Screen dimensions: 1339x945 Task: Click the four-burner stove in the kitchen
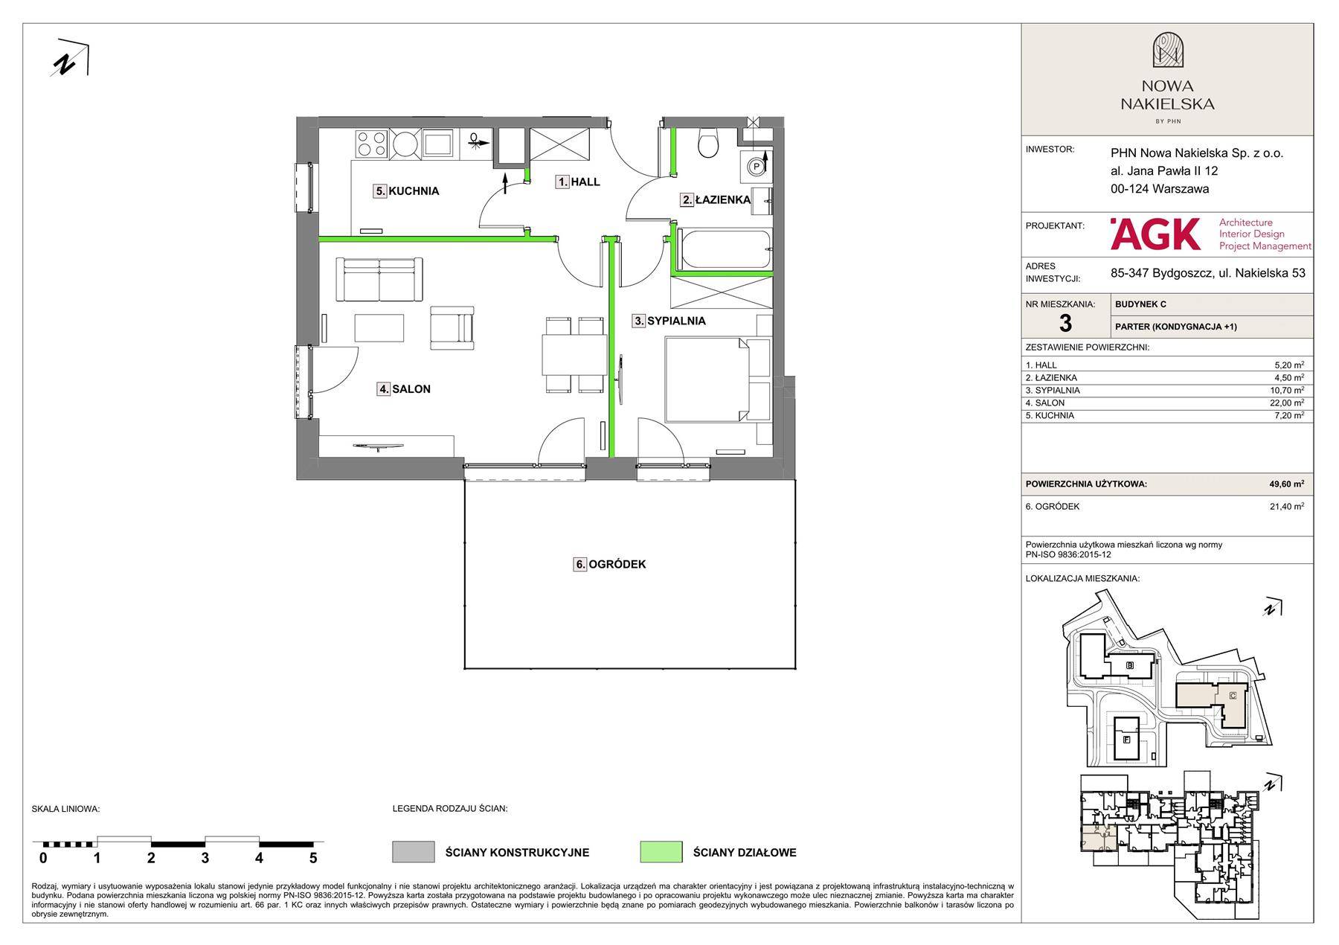pyautogui.click(x=371, y=144)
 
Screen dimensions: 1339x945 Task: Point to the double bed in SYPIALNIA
pyautogui.click(x=717, y=379)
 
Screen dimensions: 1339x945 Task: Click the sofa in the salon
pyautogui.click(x=379, y=280)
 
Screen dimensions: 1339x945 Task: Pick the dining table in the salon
pyautogui.click(x=574, y=354)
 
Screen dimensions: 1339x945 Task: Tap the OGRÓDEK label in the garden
pyautogui.click(x=610, y=564)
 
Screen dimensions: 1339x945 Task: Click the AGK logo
pyautogui.click(x=1155, y=234)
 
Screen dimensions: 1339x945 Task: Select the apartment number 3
pyautogui.click(x=1065, y=324)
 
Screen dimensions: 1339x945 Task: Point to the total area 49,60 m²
pyautogui.click(x=1286, y=484)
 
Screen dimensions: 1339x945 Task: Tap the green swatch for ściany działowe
pyautogui.click(x=661, y=852)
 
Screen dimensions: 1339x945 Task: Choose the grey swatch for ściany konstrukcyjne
pyautogui.click(x=414, y=852)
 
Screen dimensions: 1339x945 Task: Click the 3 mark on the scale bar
pyautogui.click(x=205, y=857)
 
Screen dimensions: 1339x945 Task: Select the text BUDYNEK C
pyautogui.click(x=1140, y=304)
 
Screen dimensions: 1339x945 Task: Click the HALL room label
pyautogui.click(x=578, y=182)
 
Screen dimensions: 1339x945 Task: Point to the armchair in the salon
pyautogui.click(x=452, y=328)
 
